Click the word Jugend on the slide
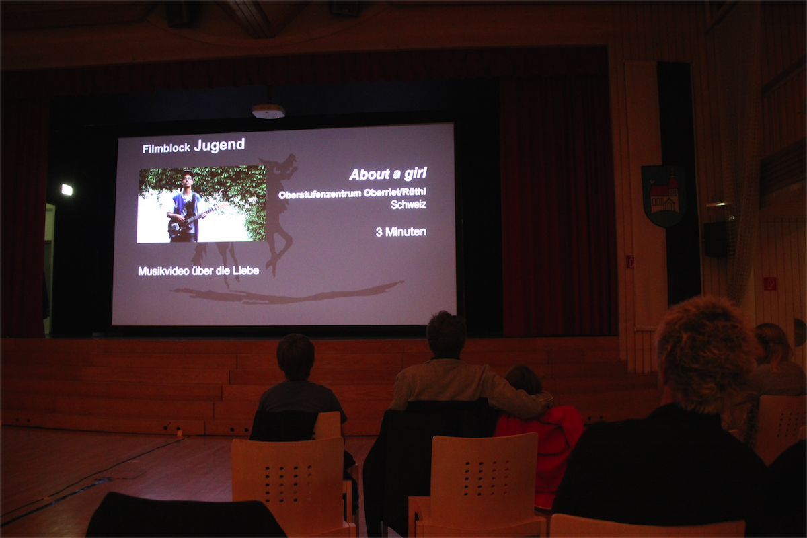pyautogui.click(x=219, y=145)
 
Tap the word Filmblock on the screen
pyautogui.click(x=166, y=148)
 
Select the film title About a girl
pyautogui.click(x=388, y=174)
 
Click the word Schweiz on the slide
pyautogui.click(x=409, y=204)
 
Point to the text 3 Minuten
pyautogui.click(x=401, y=232)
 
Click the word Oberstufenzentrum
pyautogui.click(x=320, y=194)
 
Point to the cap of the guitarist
pyautogui.click(x=188, y=174)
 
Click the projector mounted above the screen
pyautogui.click(x=268, y=111)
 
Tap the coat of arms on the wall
pyautogui.click(x=663, y=195)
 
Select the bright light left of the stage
pyautogui.click(x=67, y=190)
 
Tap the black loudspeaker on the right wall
pyautogui.click(x=715, y=239)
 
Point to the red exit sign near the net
pyautogui.click(x=770, y=283)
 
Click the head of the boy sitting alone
pyautogui.click(x=295, y=356)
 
